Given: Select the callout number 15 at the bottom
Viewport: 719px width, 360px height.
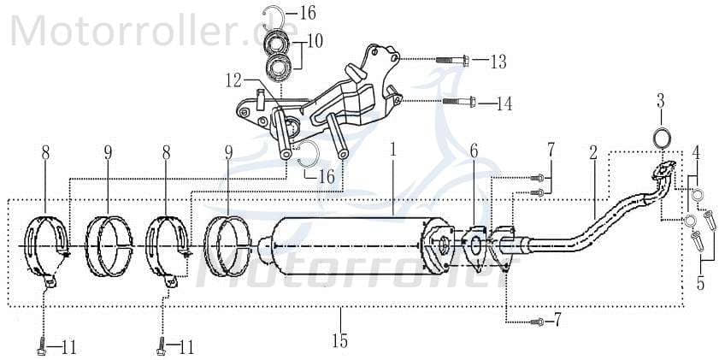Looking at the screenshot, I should pos(339,342).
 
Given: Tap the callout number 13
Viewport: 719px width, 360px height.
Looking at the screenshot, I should pos(498,62).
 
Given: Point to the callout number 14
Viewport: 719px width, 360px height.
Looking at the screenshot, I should pos(504,104).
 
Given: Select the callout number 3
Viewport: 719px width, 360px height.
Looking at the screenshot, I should pos(661,100).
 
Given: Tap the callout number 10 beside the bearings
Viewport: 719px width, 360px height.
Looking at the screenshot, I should pos(316,40).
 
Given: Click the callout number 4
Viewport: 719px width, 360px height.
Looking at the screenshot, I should pos(698,154).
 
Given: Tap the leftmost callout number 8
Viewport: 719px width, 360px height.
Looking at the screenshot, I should pos(45,152).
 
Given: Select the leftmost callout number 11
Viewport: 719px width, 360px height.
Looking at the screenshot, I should pos(68,348).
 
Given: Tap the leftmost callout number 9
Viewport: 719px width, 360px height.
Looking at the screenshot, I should pos(109,152).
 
